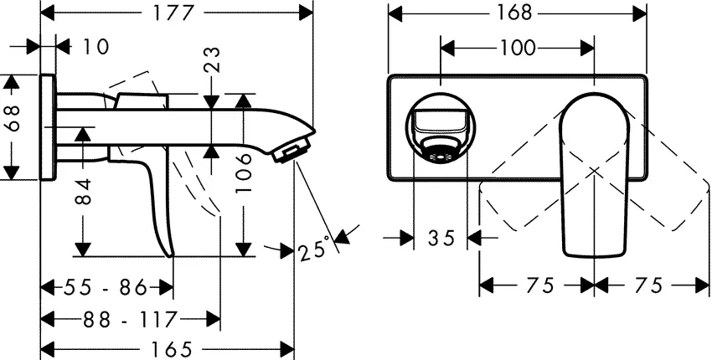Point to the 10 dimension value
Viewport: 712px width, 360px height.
pyautogui.click(x=95, y=47)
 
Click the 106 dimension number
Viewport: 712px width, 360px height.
pyautogui.click(x=244, y=177)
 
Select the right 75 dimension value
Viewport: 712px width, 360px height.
pyautogui.click(x=648, y=285)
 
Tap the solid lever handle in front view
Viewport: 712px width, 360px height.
pyautogui.click(x=592, y=176)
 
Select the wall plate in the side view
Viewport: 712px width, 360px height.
pyautogui.click(x=48, y=126)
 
